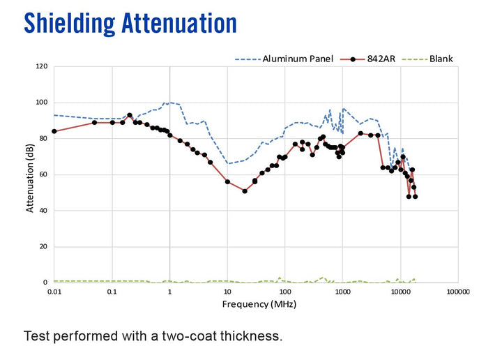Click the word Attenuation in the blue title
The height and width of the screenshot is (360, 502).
point(179,22)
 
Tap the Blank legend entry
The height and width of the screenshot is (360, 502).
point(441,59)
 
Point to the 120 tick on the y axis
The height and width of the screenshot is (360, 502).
point(41,67)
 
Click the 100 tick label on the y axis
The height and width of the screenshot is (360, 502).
point(41,103)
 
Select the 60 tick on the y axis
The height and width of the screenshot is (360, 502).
point(43,175)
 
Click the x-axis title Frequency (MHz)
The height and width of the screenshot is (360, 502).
point(255,304)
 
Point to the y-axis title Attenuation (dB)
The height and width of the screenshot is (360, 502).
point(29,174)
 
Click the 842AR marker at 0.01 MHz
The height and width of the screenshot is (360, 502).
point(54,131)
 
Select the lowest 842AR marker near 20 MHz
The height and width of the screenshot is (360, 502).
point(245,190)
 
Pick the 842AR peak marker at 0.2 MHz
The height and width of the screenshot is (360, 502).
point(130,115)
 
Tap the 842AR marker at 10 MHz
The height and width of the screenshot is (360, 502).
point(227,181)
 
